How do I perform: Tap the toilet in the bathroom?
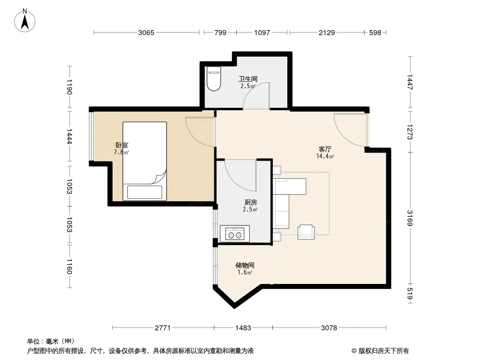(x=214, y=79)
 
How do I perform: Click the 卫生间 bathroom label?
(x=248, y=79)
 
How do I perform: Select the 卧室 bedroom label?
(x=122, y=145)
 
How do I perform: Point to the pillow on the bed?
(x=145, y=192)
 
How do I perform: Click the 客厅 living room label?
(x=325, y=149)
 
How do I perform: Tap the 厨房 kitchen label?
(x=251, y=202)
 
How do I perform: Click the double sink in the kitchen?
(x=235, y=234)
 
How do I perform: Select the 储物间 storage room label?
(x=245, y=265)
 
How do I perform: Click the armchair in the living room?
(x=306, y=232)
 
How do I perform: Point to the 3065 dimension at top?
(x=146, y=32)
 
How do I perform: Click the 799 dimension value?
(x=220, y=32)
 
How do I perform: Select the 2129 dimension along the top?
(x=326, y=32)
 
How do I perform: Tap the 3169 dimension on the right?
(x=410, y=218)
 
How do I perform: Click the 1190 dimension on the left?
(x=69, y=87)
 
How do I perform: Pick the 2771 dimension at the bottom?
(x=163, y=328)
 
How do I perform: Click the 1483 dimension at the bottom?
(x=243, y=328)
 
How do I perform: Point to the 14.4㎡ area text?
(x=325, y=156)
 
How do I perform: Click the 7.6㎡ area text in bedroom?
(x=122, y=152)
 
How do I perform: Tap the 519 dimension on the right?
(x=410, y=294)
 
